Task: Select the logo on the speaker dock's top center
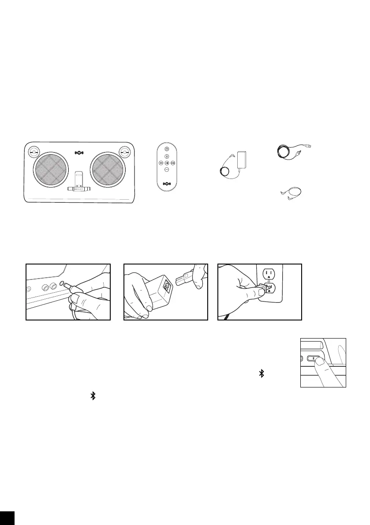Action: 79,153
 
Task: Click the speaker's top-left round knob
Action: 33,152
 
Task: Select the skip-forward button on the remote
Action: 174,164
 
